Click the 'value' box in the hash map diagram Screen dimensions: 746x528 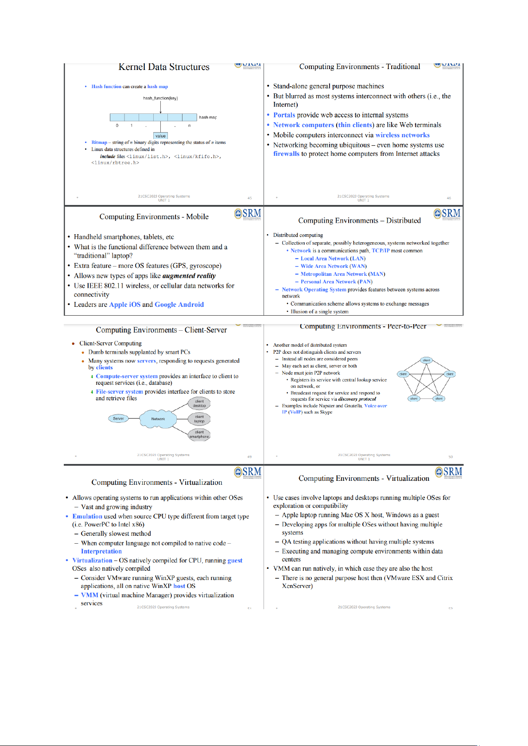click(x=160, y=136)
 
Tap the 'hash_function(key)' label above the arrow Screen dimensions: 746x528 click(x=160, y=98)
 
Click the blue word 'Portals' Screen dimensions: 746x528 click(x=284, y=115)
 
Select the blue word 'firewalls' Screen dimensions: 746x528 click(x=286, y=154)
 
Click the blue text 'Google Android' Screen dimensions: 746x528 click(x=179, y=305)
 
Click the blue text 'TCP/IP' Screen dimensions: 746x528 click(x=380, y=251)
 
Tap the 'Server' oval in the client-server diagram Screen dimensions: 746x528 click(x=118, y=418)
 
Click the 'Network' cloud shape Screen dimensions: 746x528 click(x=158, y=419)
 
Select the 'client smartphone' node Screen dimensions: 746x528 click(x=199, y=434)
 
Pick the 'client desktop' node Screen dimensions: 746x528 click(x=199, y=403)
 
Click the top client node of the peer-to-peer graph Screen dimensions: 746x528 click(x=426, y=360)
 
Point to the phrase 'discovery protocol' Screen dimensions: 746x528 click(x=357, y=399)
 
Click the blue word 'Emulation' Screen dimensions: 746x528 click(x=87, y=516)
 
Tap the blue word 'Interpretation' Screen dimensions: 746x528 click(x=101, y=551)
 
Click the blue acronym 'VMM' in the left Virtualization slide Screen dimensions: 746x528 click(x=89, y=595)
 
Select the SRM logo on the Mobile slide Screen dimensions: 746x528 click(x=248, y=214)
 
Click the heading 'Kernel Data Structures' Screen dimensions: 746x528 click(x=164, y=67)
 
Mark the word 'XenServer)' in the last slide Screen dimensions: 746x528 click(x=297, y=586)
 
